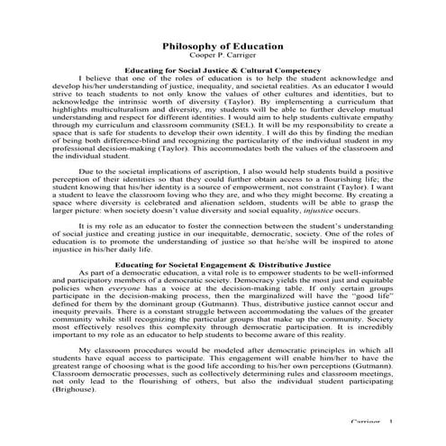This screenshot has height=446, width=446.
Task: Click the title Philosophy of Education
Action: [223, 44]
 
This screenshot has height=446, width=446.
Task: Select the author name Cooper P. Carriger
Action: [223, 54]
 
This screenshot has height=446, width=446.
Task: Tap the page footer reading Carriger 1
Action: [371, 423]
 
